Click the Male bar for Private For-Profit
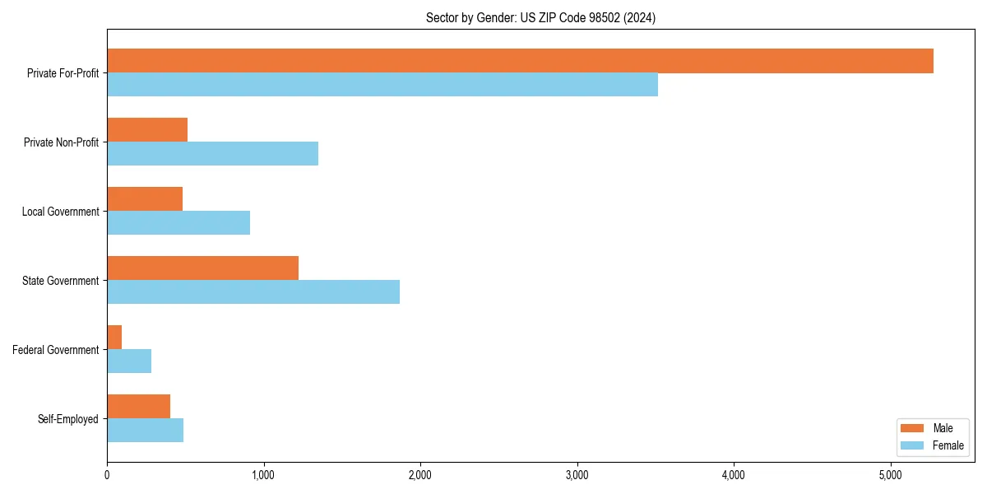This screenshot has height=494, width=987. click(x=520, y=61)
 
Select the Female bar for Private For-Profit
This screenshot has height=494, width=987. click(x=382, y=85)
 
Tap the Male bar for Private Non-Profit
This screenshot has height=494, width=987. click(x=147, y=130)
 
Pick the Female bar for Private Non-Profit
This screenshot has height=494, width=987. click(x=212, y=154)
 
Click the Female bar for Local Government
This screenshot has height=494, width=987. click(x=178, y=223)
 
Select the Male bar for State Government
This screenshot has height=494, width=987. click(x=202, y=268)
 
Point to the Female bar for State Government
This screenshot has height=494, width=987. click(x=253, y=292)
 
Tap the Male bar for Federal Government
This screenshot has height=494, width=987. click(x=114, y=338)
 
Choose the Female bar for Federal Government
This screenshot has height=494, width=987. click(x=129, y=361)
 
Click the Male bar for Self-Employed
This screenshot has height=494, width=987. click(x=138, y=407)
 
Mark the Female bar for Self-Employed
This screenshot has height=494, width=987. click(x=145, y=431)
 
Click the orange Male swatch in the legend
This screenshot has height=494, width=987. click(x=913, y=428)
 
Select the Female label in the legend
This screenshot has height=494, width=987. click(x=948, y=445)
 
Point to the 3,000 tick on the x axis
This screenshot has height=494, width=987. click(x=577, y=463)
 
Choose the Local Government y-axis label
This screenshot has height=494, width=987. click(x=60, y=212)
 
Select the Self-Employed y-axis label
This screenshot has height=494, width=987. click(x=67, y=419)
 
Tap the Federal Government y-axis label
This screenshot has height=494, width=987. click(x=55, y=350)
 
